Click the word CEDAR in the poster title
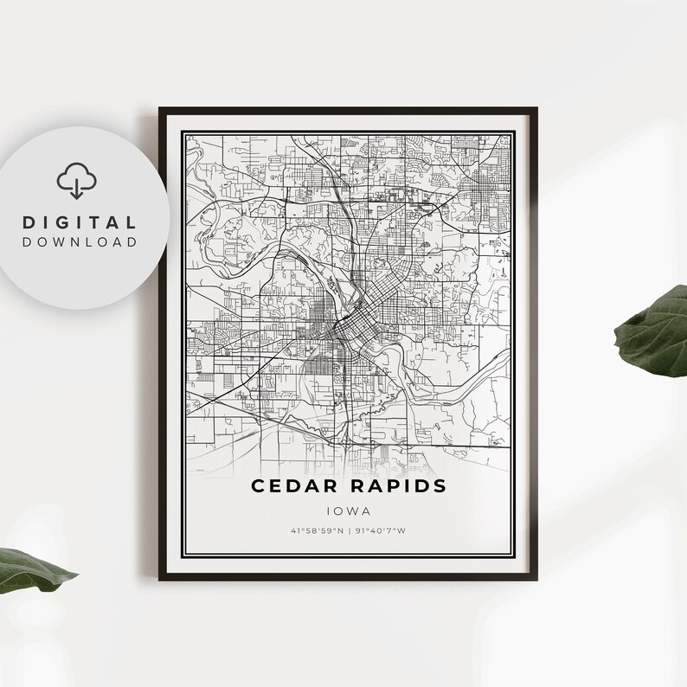tap(290, 485)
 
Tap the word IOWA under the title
tap(348, 511)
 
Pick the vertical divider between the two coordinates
tap(349, 531)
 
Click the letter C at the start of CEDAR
tap(257, 485)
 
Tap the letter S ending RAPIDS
tap(440, 485)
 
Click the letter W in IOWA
tap(355, 511)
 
